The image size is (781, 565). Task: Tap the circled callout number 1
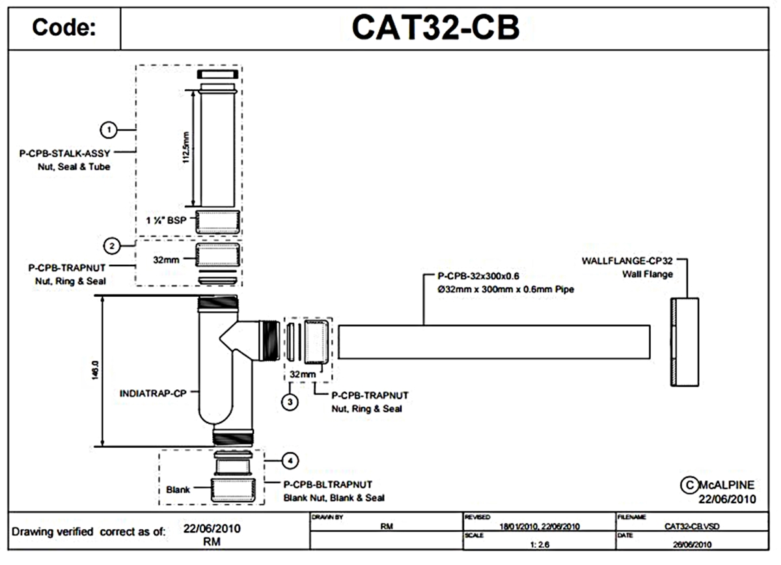[111, 130]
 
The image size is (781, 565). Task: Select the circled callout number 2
[113, 246]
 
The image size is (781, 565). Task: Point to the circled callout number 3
[290, 402]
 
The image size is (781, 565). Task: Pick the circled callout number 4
[290, 461]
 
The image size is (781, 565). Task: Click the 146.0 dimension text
[95, 371]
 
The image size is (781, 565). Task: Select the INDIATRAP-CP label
[154, 393]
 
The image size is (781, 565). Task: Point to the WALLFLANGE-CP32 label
[626, 262]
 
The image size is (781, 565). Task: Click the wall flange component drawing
[685, 342]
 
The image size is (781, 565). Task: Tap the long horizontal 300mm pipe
[495, 342]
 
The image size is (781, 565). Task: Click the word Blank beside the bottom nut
[178, 489]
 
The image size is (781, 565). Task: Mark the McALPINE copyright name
[727, 486]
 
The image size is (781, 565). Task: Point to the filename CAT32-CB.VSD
[692, 525]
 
